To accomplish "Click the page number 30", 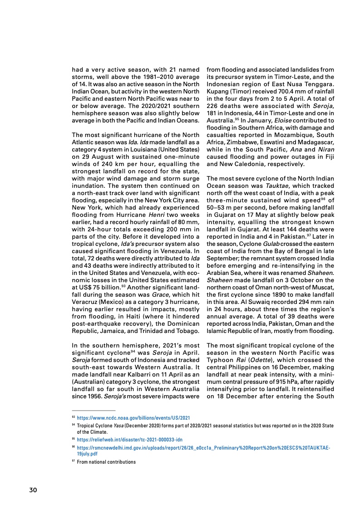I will pos(33,490).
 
